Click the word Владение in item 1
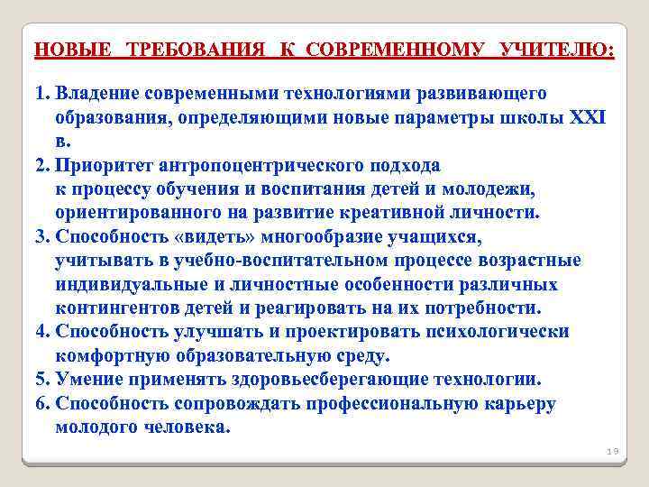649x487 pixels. pos(97,95)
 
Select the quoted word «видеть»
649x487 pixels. pos(200,237)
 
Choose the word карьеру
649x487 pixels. pos(519,402)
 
